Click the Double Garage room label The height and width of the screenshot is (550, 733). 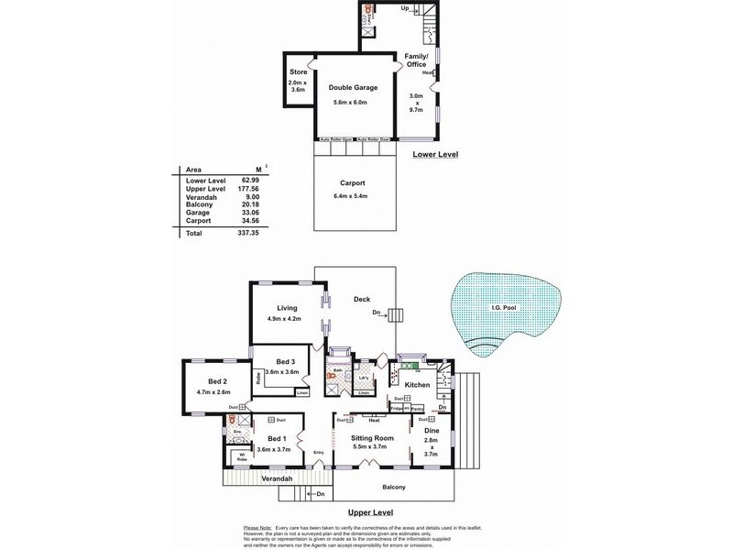tap(353, 88)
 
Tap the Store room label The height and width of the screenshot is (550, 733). tap(298, 71)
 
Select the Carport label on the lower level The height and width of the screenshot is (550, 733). tap(353, 182)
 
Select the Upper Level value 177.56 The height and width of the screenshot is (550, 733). tap(250, 188)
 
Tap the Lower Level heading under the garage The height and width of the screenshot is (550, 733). tap(434, 155)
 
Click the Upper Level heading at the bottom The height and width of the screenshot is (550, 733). tap(371, 512)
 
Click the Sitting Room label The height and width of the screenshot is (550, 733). tap(372, 439)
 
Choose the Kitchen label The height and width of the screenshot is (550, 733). tap(416, 384)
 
